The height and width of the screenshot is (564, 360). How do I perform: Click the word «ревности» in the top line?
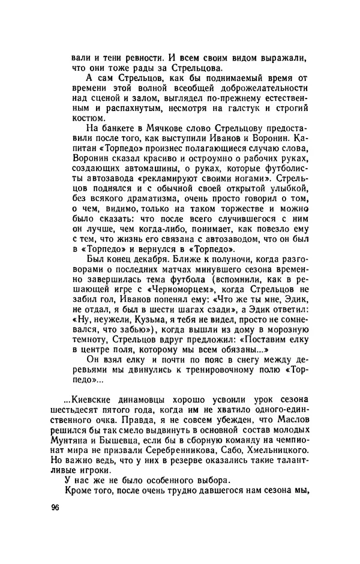coord(140,58)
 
